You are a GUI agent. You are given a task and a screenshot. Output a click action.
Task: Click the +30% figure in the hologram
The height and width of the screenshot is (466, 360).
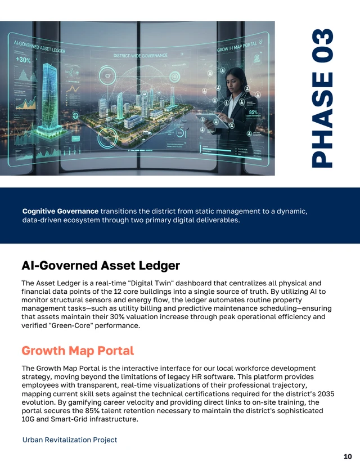tap(23, 60)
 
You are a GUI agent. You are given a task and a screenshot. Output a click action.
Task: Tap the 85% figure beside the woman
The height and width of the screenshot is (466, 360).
tap(253, 113)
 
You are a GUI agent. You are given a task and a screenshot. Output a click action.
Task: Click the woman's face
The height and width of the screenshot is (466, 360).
tap(235, 78)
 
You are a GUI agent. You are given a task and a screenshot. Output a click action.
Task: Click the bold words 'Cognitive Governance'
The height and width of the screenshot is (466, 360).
tap(60, 211)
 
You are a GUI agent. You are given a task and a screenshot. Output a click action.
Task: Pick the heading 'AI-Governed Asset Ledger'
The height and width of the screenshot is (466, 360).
tap(101, 265)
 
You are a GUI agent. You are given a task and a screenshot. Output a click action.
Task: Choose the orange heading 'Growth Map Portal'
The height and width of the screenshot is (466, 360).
tap(78, 351)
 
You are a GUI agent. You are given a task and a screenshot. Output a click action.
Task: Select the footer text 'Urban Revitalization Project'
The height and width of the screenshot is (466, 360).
tap(70, 440)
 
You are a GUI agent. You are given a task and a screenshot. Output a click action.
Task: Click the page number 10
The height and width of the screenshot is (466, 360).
tap(348, 456)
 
